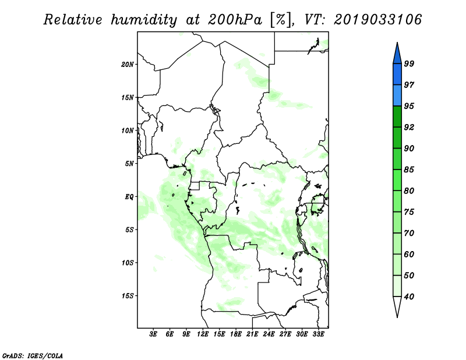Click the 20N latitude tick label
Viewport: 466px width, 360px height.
128,65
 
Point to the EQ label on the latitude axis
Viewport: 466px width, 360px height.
129,197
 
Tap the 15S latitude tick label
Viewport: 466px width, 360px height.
128,296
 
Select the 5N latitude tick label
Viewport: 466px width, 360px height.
129,164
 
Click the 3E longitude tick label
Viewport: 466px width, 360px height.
153,334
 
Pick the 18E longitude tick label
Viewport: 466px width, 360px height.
236,334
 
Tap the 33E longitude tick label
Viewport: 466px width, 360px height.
318,334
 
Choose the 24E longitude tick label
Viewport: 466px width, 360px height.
269,334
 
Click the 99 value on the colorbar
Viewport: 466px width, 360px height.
409,63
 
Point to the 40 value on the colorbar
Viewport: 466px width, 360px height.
409,297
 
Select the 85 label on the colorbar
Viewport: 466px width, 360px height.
409,170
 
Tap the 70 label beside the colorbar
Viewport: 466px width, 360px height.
409,233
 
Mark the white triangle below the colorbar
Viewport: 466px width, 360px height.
397,306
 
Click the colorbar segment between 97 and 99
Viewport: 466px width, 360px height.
397,75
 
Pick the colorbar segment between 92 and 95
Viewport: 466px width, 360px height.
397,117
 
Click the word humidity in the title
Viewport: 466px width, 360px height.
144,20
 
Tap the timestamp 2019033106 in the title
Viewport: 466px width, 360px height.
377,20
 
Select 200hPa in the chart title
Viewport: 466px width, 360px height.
235,20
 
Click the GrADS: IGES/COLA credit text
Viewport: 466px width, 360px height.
33,355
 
